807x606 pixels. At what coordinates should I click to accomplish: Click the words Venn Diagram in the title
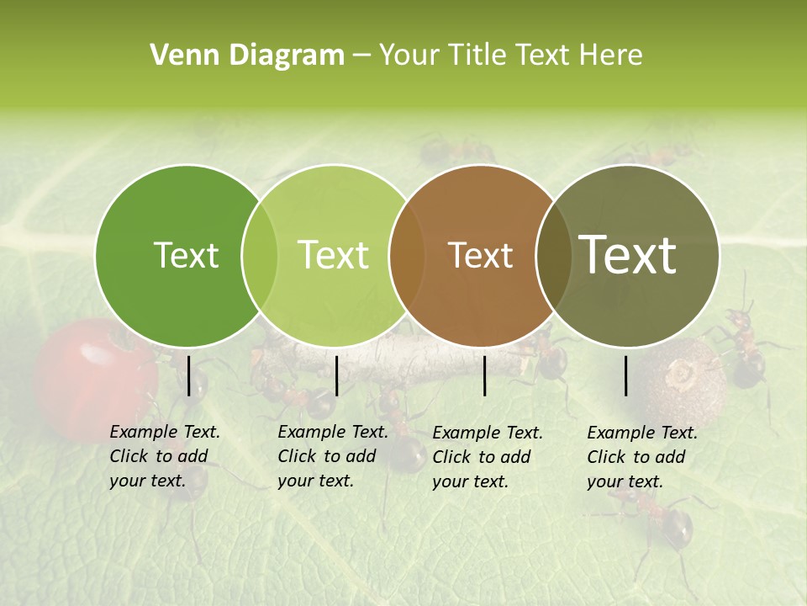247,56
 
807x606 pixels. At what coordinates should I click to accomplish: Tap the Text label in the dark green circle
186,255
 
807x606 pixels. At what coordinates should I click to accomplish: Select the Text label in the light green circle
333,255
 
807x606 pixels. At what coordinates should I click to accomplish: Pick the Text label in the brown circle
480,255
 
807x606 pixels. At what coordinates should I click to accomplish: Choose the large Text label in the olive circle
628,254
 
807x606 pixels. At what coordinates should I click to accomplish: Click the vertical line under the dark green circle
188,375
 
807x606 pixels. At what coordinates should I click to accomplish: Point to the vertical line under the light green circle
336,375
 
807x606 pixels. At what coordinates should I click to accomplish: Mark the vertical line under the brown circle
484,375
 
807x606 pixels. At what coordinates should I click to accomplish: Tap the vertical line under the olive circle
626,375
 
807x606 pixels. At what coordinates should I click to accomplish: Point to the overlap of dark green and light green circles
260,255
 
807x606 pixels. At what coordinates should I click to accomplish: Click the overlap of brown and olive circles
554,255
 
